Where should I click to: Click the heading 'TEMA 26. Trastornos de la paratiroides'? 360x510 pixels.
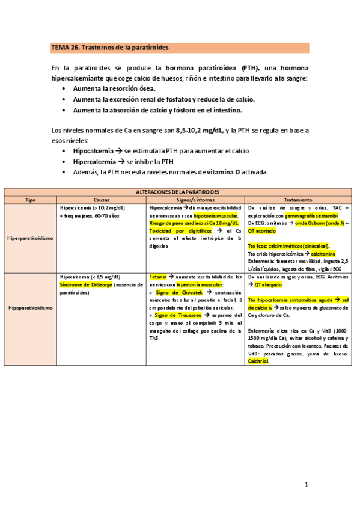coord(110,47)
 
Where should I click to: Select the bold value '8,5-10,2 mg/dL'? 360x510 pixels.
coord(200,130)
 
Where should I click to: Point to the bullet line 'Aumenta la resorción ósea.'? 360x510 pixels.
coord(114,88)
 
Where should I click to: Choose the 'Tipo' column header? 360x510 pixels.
coord(30,199)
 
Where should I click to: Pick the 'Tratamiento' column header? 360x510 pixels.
coord(298,199)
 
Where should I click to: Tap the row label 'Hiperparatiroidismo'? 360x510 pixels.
coord(30,238)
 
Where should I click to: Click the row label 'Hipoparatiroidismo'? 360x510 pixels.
coord(30,307)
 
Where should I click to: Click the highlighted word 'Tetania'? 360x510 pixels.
coord(158,277)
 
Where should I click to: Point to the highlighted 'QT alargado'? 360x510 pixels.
coord(267,284)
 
